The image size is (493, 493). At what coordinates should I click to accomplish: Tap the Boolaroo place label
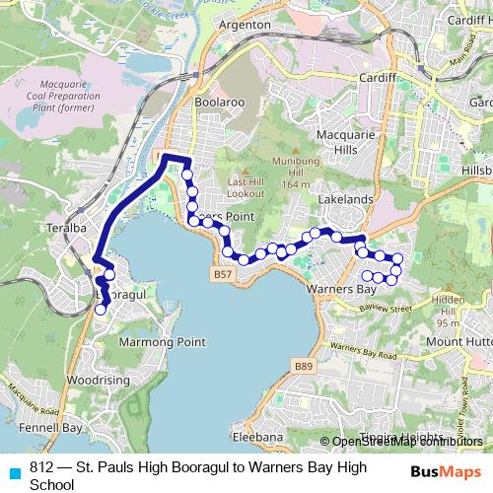pyautogui.click(x=218, y=101)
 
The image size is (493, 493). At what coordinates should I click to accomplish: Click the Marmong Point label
pyautogui.click(x=162, y=342)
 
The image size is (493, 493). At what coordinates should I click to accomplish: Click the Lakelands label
pyautogui.click(x=345, y=199)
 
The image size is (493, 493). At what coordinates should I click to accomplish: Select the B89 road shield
pyautogui.click(x=304, y=366)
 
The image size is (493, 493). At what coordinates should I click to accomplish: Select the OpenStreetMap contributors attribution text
pyautogui.click(x=405, y=441)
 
